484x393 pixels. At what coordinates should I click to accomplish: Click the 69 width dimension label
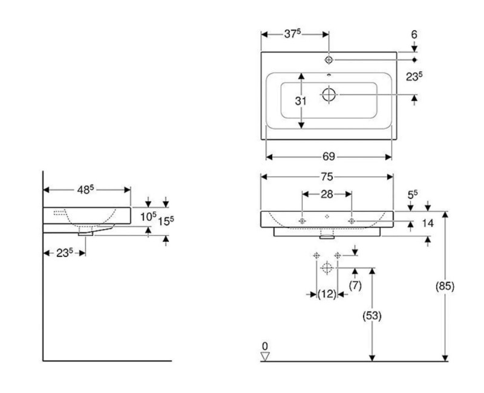pyautogui.click(x=329, y=157)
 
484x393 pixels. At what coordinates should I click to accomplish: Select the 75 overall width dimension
pyautogui.click(x=327, y=177)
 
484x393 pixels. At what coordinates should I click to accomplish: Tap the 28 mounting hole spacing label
pyautogui.click(x=327, y=193)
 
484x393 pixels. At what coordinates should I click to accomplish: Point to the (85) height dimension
pyautogui.click(x=445, y=285)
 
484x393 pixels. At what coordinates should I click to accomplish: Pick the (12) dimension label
pyautogui.click(x=327, y=294)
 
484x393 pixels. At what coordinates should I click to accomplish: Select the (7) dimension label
pyautogui.click(x=355, y=285)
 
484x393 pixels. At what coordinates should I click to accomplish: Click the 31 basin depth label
pyautogui.click(x=301, y=101)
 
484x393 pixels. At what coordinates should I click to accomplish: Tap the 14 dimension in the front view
pyautogui.click(x=427, y=223)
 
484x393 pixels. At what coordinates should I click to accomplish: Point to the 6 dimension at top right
pyautogui.click(x=414, y=35)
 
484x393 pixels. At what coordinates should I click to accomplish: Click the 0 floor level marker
pyautogui.click(x=264, y=346)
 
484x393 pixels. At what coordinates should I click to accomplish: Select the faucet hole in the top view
pyautogui.click(x=329, y=59)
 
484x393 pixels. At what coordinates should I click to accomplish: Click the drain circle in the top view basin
pyautogui.click(x=329, y=94)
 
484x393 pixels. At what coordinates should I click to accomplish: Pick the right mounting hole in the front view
pyautogui.click(x=351, y=221)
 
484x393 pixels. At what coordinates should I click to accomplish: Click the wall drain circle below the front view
pyautogui.click(x=327, y=267)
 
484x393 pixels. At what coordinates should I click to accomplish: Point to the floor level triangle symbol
pyautogui.click(x=264, y=356)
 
